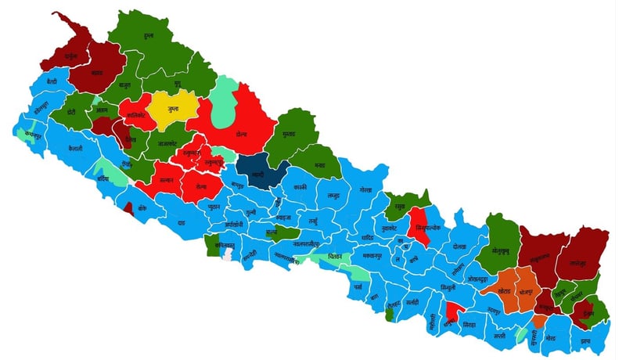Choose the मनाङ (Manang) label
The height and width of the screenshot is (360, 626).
pyautogui.click(x=320, y=166)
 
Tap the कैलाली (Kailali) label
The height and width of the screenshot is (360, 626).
pyautogui.click(x=75, y=148)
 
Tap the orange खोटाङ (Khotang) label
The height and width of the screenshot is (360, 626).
pyautogui.click(x=505, y=290)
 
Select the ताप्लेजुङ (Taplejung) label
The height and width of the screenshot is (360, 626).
pyautogui.click(x=583, y=264)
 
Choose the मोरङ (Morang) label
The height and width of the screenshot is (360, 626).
pyautogui.click(x=551, y=337)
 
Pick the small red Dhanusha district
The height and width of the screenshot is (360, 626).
pyautogui.click(x=452, y=317)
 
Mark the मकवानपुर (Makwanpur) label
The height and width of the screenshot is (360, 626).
pyautogui.click(x=372, y=256)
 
